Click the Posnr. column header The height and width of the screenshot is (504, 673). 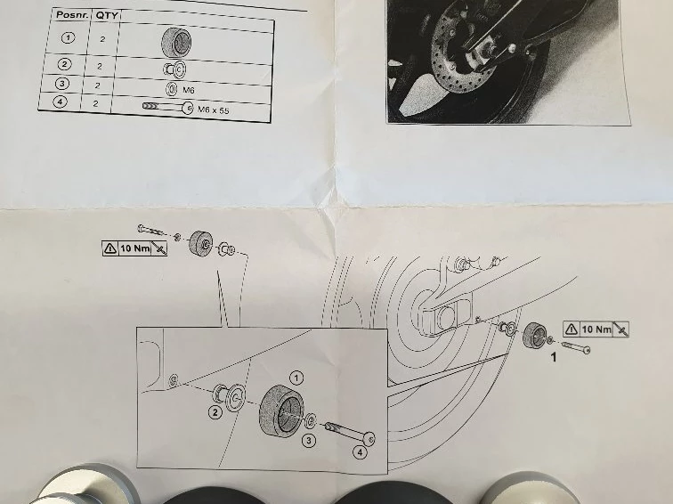coord(72,14)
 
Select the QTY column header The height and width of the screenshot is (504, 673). coord(106,16)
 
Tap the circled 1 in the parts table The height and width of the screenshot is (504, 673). coord(68,37)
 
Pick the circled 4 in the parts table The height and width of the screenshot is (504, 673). coord(60,102)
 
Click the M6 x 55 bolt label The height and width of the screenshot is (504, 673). coord(214,110)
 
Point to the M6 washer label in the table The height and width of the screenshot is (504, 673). coord(189,90)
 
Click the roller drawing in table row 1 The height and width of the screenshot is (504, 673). coord(176,43)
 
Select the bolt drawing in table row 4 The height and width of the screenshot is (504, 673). coord(168,107)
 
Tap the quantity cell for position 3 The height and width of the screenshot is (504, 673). coord(97,85)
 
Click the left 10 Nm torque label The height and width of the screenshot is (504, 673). coord(134,248)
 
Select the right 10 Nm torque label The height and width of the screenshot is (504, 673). coord(596,329)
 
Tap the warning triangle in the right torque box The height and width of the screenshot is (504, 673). coord(572,329)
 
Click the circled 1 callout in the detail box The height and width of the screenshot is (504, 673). coord(296,378)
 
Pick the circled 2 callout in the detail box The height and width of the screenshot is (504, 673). coord(215,412)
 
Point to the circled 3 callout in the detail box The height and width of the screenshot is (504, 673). coord(309,441)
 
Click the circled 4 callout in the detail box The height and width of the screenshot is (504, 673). coord(360,452)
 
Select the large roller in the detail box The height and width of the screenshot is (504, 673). coord(281,411)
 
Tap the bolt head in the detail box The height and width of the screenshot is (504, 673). coord(369,438)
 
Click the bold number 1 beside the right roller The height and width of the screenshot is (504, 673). coord(554,357)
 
